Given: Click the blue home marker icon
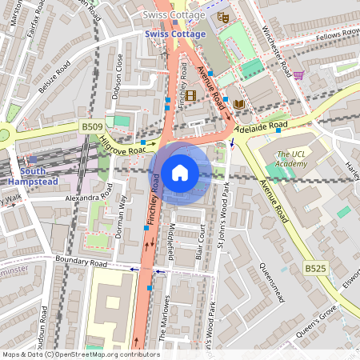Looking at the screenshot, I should [x=180, y=173].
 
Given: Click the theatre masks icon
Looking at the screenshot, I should [x=223, y=16].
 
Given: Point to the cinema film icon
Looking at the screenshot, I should [x=190, y=95].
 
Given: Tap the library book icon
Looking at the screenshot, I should [x=238, y=103].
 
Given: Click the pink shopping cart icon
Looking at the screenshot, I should [x=298, y=75].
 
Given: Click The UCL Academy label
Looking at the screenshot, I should [x=291, y=159].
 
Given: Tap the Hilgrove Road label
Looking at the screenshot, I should [x=122, y=143].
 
